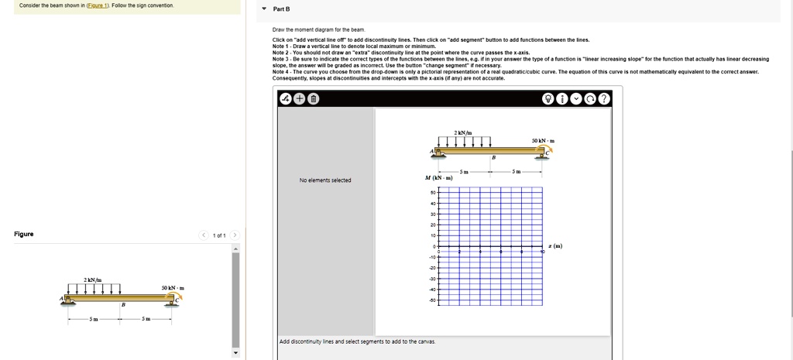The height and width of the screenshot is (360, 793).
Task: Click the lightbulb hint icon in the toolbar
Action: point(548,98)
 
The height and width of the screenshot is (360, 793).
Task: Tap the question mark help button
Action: point(604,98)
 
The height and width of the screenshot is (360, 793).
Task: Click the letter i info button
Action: point(561,98)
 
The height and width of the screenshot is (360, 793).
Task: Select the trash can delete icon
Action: point(314,98)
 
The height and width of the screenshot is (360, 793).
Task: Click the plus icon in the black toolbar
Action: point(300,98)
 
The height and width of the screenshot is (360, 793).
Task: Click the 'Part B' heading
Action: point(281,9)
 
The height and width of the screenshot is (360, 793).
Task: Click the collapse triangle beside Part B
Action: point(263,9)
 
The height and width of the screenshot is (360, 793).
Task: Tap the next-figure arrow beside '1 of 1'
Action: point(235,235)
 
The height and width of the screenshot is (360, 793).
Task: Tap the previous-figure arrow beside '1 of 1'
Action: point(204,235)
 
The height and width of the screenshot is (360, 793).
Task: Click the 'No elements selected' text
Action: point(325,180)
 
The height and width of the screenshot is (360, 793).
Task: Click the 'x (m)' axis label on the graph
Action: point(555,246)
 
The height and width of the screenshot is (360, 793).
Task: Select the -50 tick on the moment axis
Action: point(432,300)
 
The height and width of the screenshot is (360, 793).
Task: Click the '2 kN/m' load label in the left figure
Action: point(94,279)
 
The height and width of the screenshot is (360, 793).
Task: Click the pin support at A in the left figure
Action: point(67,299)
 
